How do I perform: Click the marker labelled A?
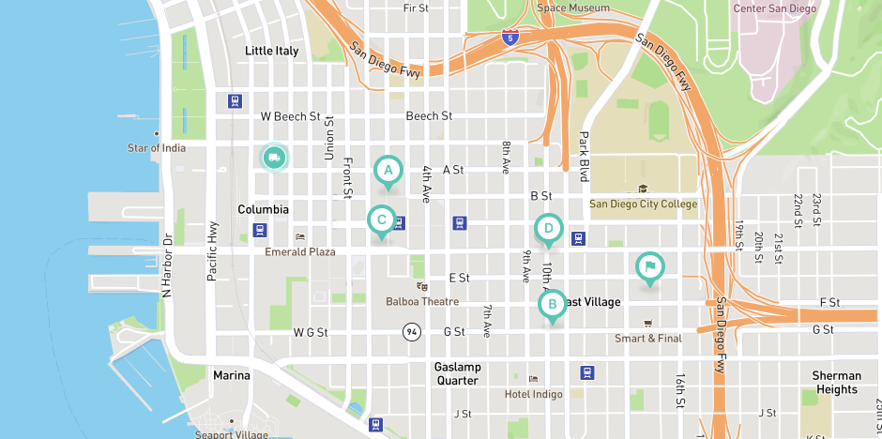pos(388,171)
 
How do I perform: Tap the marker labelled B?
pos(552,304)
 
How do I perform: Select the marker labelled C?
pos(381,221)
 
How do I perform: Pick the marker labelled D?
pos(549,229)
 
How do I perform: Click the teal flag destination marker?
pos(649,267)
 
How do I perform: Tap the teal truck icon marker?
pos(274,158)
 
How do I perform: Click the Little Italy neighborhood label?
pos(271,51)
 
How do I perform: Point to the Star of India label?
pos(157,148)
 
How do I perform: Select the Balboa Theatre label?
pos(422,301)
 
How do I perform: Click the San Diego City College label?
pos(643,204)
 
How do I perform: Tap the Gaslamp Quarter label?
pos(458,373)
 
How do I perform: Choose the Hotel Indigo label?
pos(534,394)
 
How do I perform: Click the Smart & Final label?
pos(647,338)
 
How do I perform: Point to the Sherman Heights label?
pos(836,383)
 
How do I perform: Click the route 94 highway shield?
pos(411,332)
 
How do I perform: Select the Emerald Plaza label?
pos(300,251)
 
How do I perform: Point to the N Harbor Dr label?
pos(168,267)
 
